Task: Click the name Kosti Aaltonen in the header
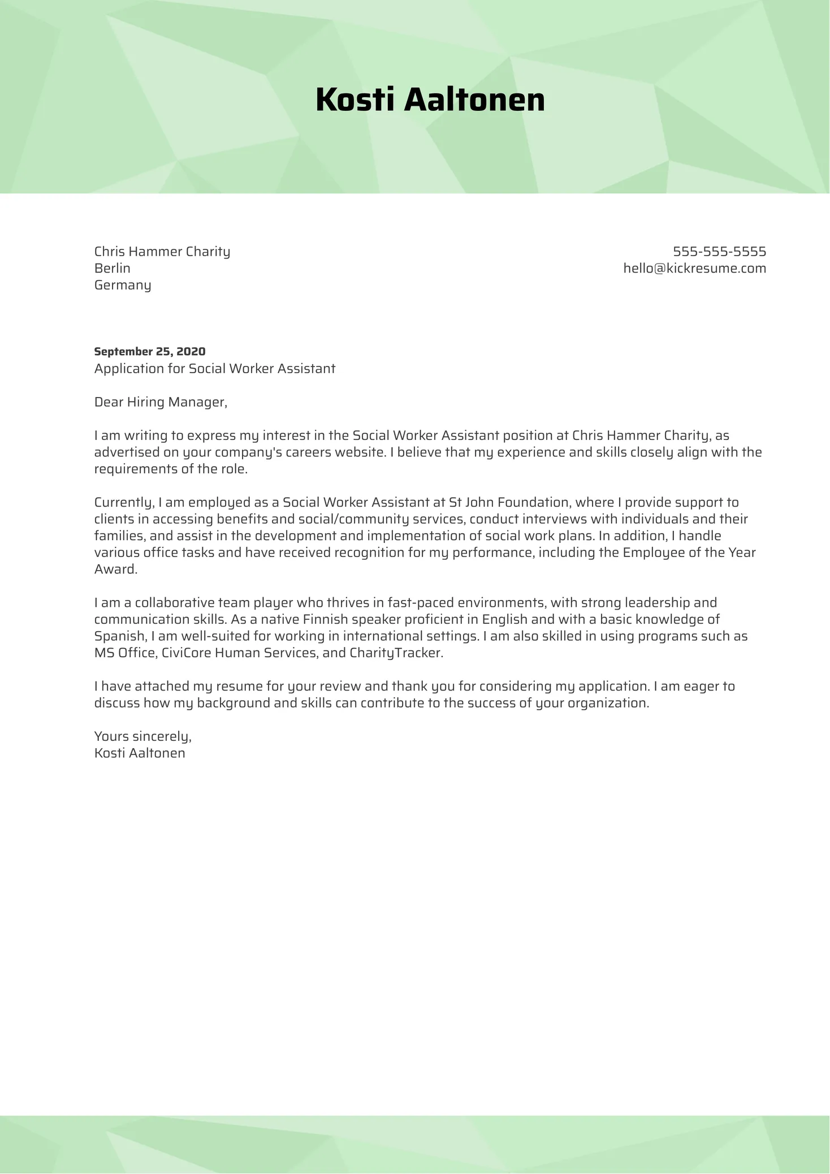click(430, 100)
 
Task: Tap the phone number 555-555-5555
click(719, 252)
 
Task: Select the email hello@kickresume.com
click(694, 269)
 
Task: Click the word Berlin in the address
click(112, 268)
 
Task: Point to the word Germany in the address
click(123, 285)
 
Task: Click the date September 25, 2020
click(150, 352)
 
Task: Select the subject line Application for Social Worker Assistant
click(215, 369)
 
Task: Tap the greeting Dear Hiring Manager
click(161, 402)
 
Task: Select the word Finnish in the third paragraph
click(325, 619)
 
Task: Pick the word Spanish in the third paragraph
click(119, 636)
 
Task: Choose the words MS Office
click(124, 653)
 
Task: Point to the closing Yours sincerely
click(142, 736)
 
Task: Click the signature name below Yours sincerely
click(140, 753)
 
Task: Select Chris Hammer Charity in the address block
click(162, 252)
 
